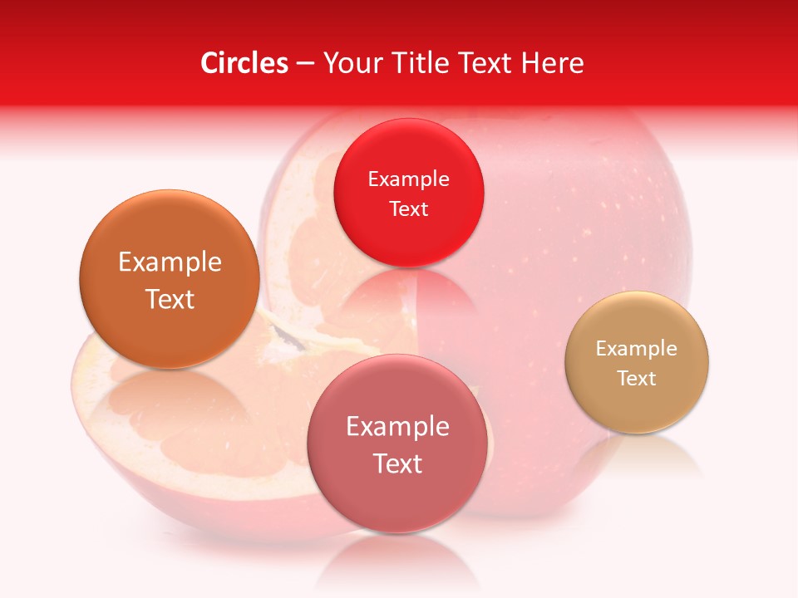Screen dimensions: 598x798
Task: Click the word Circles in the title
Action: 244,63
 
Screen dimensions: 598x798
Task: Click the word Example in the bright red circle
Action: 409,179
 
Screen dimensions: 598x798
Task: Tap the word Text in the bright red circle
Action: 409,208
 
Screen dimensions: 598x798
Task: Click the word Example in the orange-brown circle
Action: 170,262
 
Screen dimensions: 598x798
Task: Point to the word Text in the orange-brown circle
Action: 170,299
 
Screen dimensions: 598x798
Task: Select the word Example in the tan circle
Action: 637,348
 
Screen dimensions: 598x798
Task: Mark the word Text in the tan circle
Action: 637,378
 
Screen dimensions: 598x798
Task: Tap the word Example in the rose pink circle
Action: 397,426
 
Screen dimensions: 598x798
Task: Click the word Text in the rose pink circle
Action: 397,463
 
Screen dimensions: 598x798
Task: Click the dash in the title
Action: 305,64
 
